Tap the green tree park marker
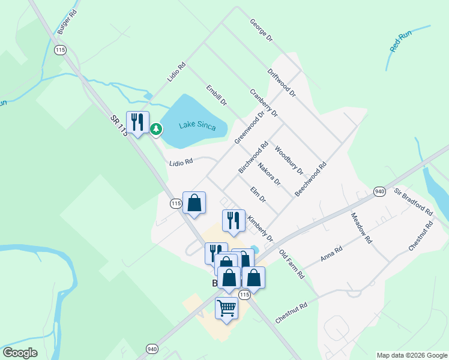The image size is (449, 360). click(156, 128)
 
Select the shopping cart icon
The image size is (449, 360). click(226, 308)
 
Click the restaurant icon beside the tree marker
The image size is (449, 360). click(137, 122)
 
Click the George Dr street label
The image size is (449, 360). click(262, 29)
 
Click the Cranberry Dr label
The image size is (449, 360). click(264, 103)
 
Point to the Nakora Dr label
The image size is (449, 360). click(269, 173)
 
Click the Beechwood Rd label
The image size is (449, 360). click(310, 179)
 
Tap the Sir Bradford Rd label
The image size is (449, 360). click(413, 202)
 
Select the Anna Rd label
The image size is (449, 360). click(331, 253)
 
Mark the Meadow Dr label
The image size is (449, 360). click(362, 228)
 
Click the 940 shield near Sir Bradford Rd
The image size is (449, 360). click(379, 191)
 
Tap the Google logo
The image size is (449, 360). click(20, 353)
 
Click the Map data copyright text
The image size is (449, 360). click(411, 355)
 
